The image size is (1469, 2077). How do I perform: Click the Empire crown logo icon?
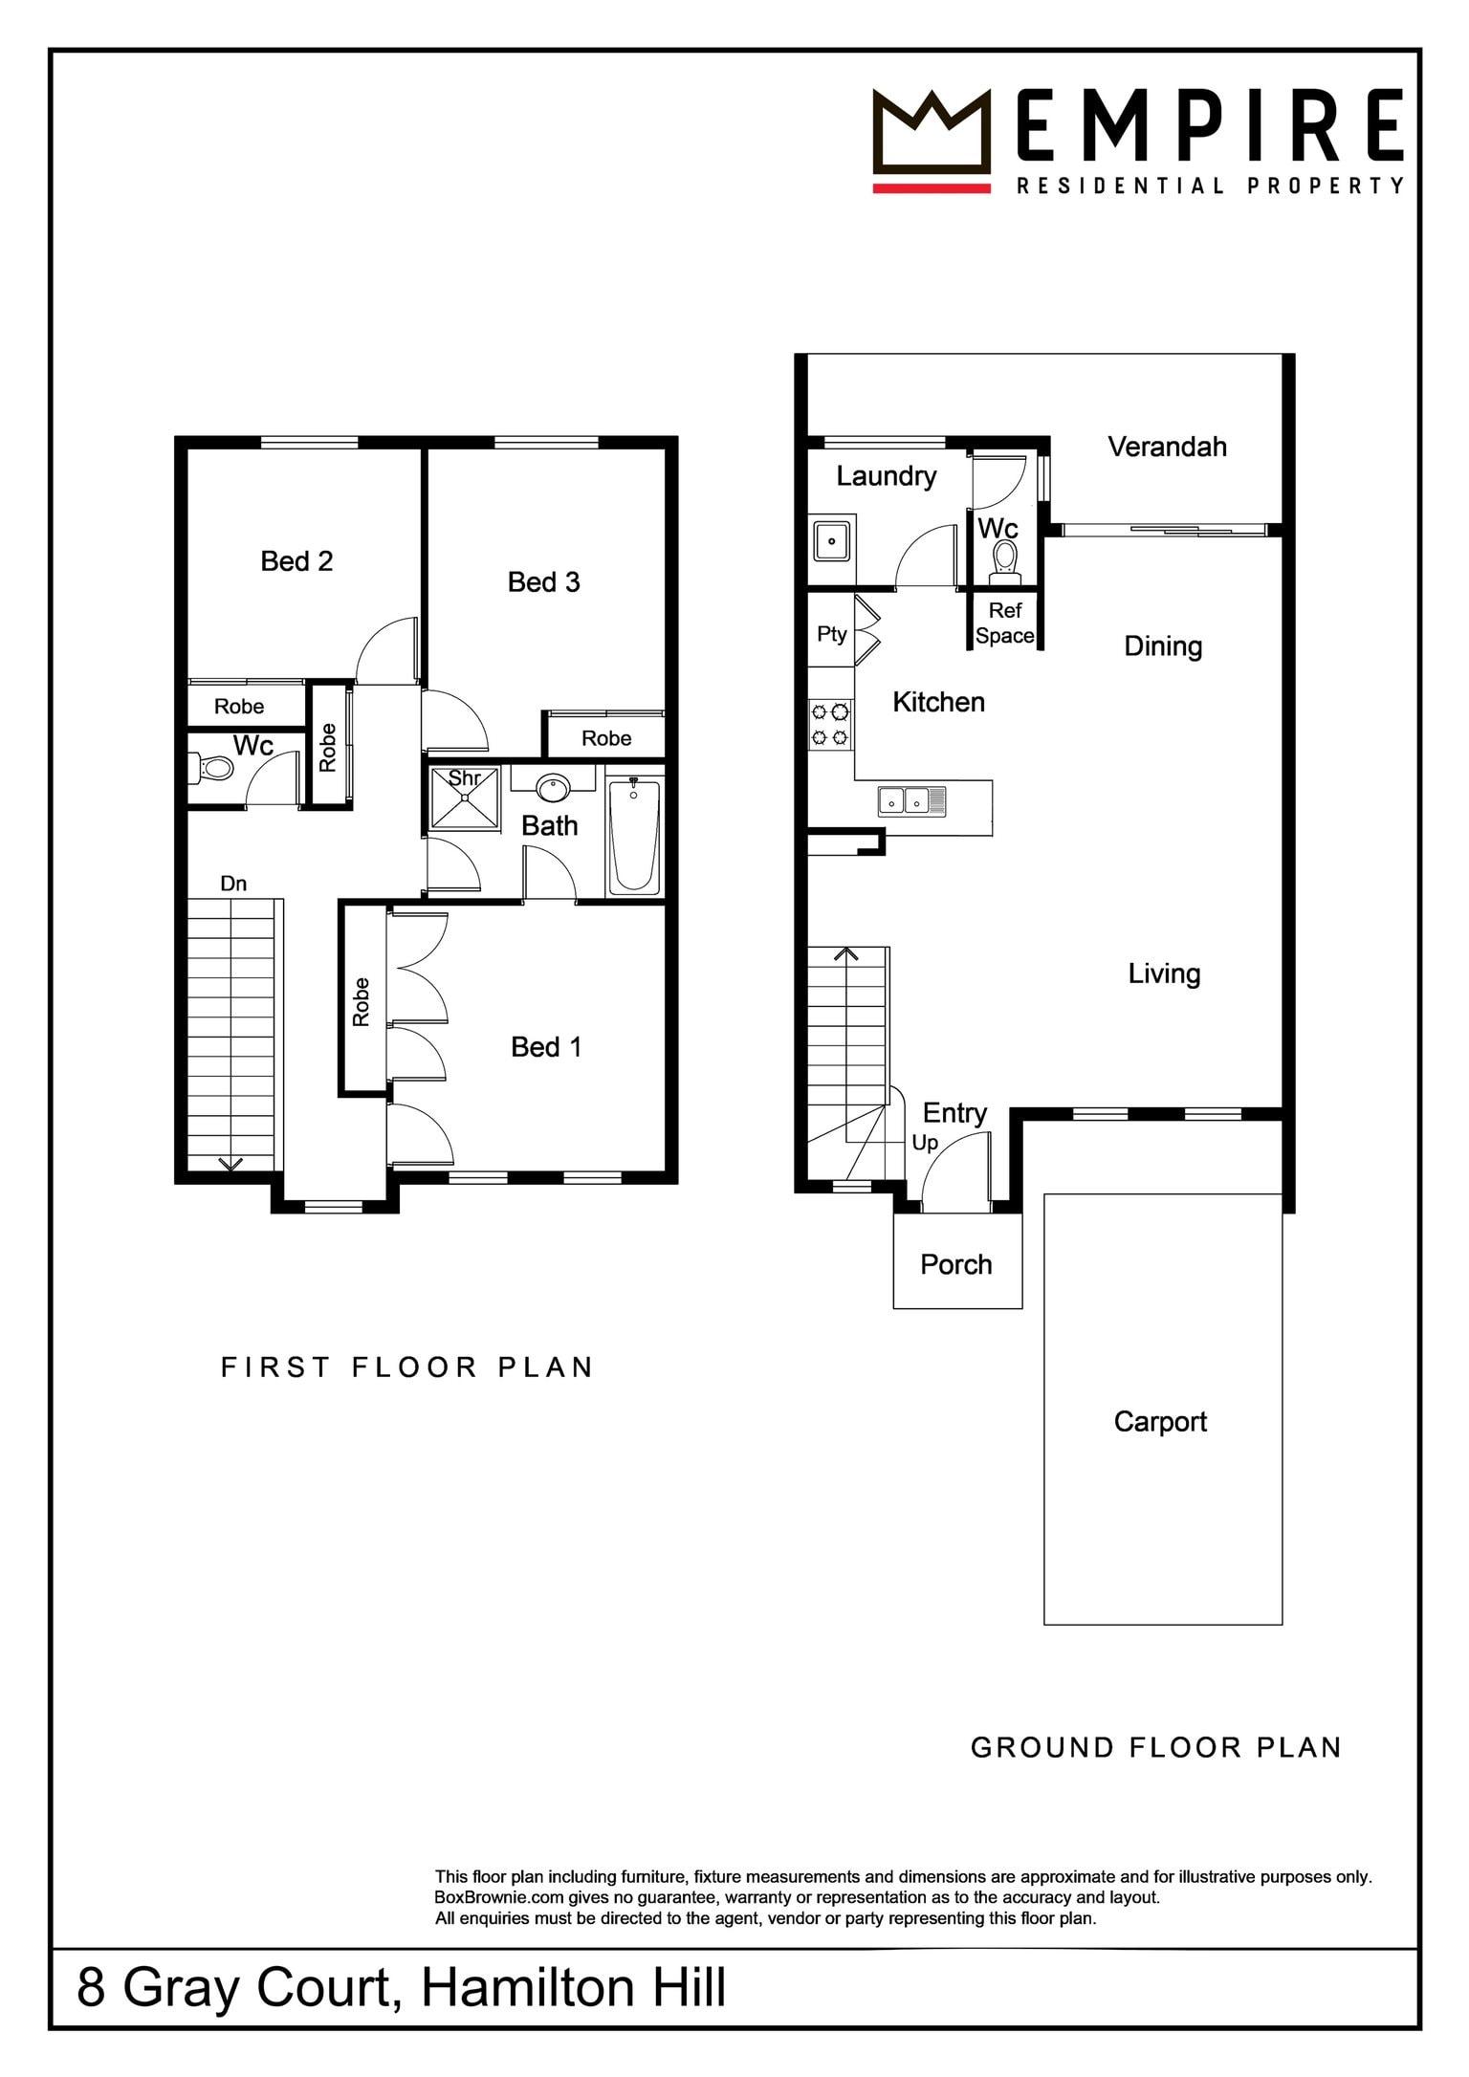click(932, 139)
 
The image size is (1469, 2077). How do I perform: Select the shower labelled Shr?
click(464, 798)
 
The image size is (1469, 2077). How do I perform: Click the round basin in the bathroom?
click(553, 788)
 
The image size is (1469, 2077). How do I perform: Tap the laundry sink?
click(832, 540)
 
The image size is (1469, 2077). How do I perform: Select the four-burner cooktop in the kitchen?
click(830, 725)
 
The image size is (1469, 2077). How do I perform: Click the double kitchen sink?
click(912, 801)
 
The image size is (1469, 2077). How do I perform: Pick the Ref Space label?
click(1005, 623)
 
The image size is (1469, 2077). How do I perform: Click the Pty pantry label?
click(832, 634)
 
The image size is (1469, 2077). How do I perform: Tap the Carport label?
click(1160, 1422)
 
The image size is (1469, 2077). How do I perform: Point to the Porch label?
click(956, 1264)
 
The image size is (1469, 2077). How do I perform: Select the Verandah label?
click(1168, 447)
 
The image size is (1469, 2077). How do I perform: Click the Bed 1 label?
click(546, 1047)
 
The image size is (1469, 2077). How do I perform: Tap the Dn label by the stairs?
click(233, 884)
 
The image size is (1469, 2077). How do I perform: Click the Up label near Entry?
click(925, 1143)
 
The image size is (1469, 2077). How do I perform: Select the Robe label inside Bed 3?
click(606, 738)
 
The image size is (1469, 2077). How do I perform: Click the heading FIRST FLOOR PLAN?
click(407, 1367)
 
